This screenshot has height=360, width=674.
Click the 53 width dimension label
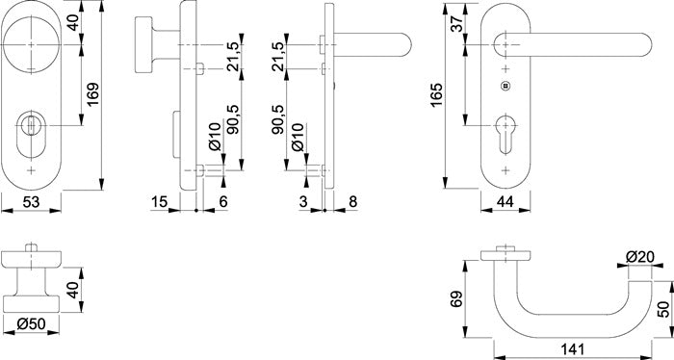pos(31,201)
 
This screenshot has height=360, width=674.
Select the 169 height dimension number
pos(92,94)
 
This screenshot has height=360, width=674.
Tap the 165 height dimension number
pos(436,95)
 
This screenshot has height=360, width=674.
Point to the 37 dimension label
pos(457,23)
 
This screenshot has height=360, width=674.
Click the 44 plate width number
pos(505,201)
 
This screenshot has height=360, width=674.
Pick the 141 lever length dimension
pos(573,348)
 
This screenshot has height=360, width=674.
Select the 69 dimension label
pos(456,299)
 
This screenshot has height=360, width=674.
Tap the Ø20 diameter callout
pos(640,257)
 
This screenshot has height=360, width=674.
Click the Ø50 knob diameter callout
pos(31,324)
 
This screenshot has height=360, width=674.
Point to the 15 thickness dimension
pos(159,201)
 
